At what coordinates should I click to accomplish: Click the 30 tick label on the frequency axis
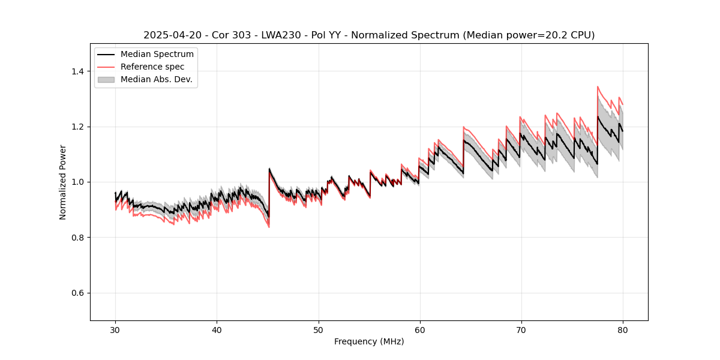click(115, 329)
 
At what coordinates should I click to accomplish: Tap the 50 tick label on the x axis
click(318, 329)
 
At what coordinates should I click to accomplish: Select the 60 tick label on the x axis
click(419, 329)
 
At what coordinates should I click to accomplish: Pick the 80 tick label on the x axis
click(623, 329)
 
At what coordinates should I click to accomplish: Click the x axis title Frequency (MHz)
click(369, 341)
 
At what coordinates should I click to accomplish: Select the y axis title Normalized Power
click(63, 182)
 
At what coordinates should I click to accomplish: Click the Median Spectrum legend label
click(157, 55)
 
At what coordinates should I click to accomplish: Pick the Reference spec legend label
click(152, 67)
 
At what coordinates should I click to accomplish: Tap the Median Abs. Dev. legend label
click(156, 79)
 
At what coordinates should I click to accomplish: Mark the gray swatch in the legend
click(106, 79)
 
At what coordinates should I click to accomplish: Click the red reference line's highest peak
click(598, 86)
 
